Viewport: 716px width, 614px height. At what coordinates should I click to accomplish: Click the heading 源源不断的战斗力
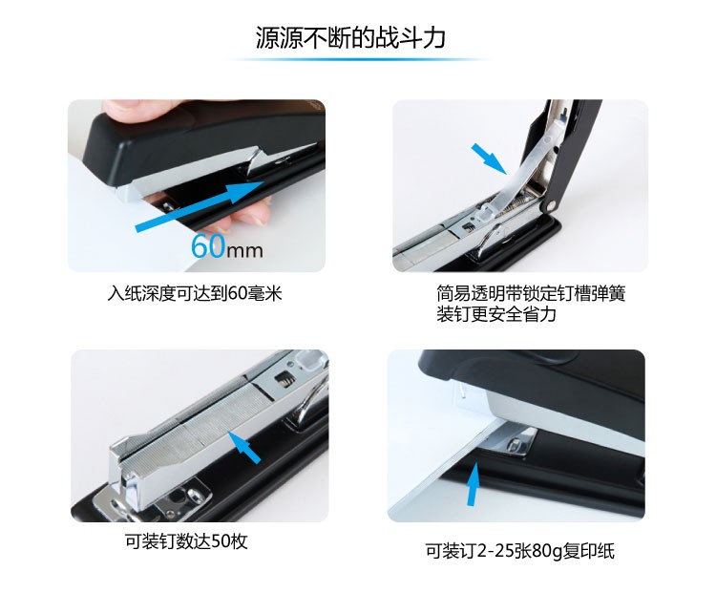[x=350, y=37]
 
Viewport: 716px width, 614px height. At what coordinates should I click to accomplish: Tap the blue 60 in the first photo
[x=208, y=246]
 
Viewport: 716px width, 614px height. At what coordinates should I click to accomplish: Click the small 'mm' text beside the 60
[x=244, y=251]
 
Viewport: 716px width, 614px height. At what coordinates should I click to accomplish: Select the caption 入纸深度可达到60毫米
[x=195, y=293]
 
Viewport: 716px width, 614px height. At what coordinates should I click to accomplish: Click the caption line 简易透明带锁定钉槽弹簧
[x=531, y=293]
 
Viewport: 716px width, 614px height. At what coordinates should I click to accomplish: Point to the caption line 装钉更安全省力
[x=496, y=314]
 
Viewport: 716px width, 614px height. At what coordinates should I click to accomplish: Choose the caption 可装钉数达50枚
[x=186, y=541]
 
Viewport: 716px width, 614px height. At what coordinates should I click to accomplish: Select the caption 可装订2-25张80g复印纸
[x=519, y=550]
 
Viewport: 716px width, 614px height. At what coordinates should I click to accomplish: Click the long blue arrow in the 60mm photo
[x=200, y=206]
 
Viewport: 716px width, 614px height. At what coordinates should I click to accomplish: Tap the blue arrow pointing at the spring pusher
[x=489, y=159]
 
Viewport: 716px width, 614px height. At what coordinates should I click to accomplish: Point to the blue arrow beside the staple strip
[x=244, y=447]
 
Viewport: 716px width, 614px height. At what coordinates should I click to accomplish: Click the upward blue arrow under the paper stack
[x=474, y=484]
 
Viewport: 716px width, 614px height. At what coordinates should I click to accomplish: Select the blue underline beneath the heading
[x=358, y=59]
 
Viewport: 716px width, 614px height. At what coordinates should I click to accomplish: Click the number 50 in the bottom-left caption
[x=221, y=541]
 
